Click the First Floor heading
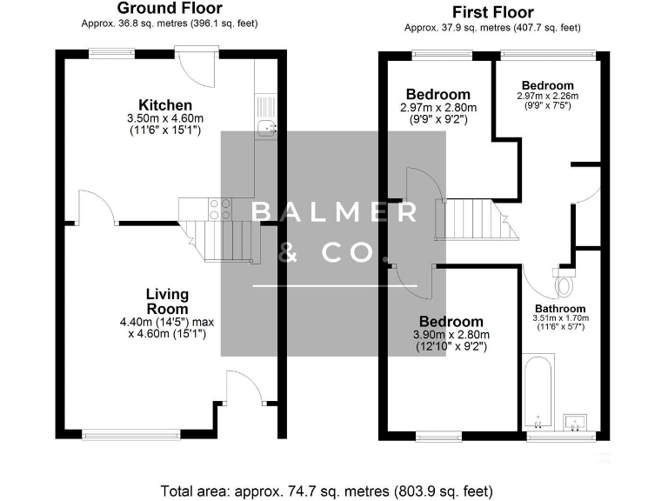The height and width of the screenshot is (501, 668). [492, 11]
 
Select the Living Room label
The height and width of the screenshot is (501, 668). [167, 302]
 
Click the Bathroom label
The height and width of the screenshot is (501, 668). [560, 308]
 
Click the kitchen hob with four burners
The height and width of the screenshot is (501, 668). [221, 208]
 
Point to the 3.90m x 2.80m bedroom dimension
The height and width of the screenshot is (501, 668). [451, 335]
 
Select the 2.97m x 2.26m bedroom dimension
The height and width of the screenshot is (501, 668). [547, 96]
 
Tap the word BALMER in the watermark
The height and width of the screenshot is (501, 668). [333, 212]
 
